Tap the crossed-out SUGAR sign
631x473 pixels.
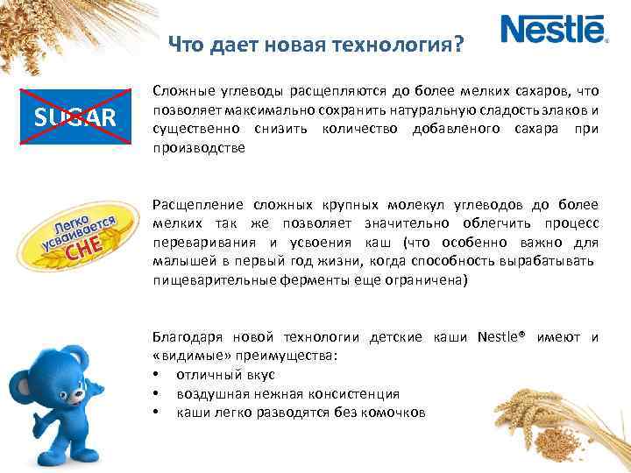click(74, 116)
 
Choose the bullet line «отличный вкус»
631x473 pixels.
click(214, 375)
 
